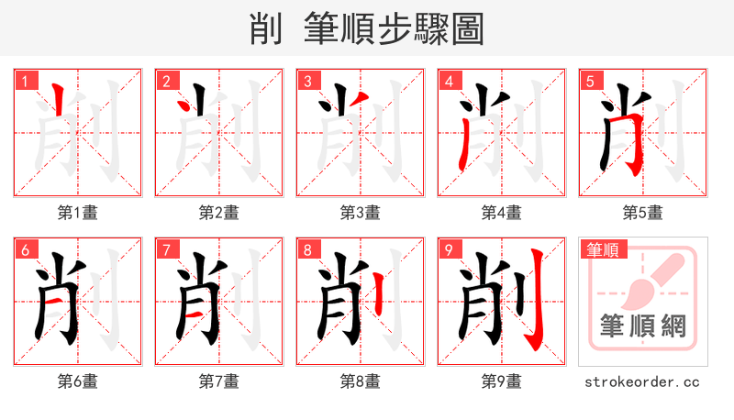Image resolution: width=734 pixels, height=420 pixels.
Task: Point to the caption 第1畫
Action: click(78, 213)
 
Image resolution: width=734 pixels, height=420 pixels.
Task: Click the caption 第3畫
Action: click(361, 213)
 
